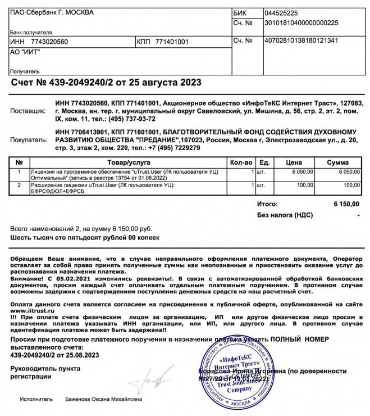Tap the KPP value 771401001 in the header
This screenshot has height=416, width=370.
tap(172, 42)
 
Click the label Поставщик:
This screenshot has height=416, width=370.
tap(26, 111)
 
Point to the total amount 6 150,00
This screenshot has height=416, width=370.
tap(346, 204)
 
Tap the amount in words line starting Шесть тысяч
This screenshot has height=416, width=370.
tap(85, 238)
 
